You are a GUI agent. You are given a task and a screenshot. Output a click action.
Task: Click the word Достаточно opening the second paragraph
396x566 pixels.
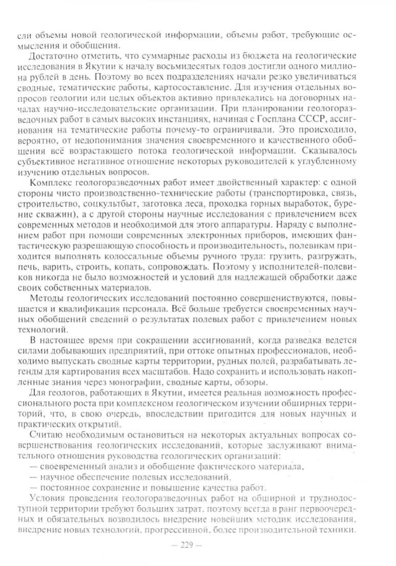click(54, 55)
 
